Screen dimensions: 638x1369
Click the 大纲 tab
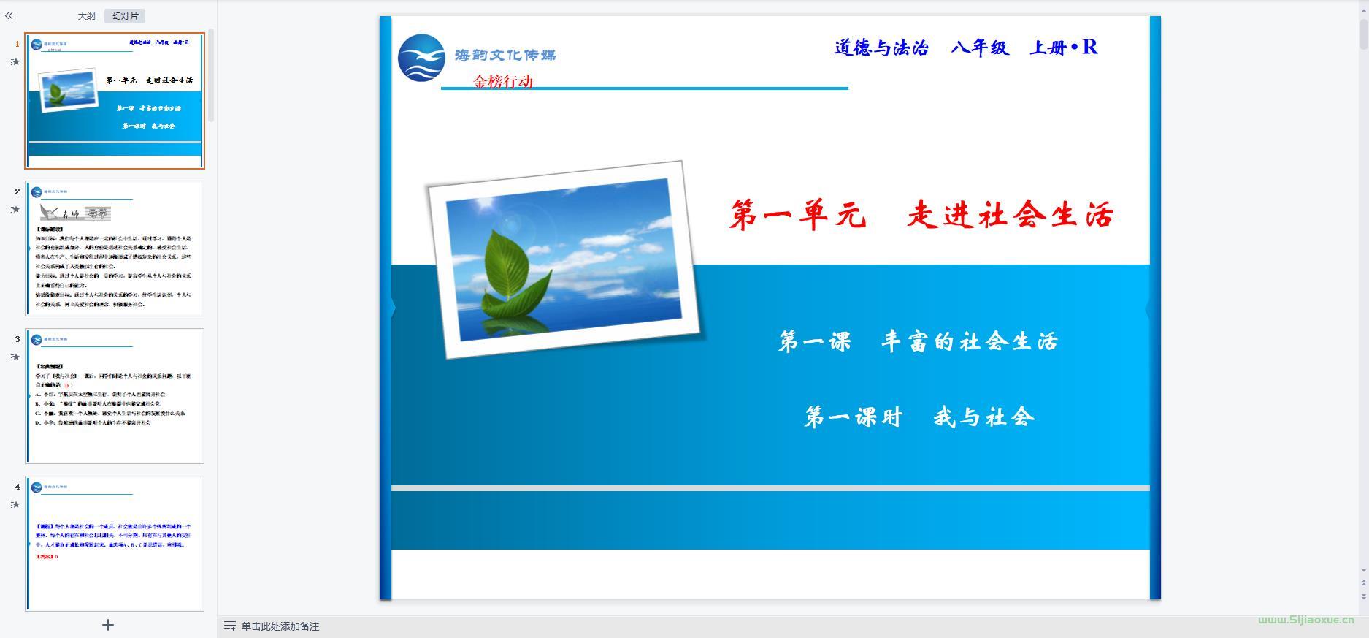pos(86,16)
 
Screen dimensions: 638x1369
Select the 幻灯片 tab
pos(125,16)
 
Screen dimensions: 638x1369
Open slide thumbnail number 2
pos(115,248)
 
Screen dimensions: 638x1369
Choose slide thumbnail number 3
pos(115,396)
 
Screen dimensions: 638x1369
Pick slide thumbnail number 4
pos(115,543)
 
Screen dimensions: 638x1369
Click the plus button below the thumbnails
pos(108,625)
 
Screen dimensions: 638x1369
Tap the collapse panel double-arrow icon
pos(9,16)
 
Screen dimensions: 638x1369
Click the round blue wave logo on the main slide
pos(421,58)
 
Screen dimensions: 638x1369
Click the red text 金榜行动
pos(503,81)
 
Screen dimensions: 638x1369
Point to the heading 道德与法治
pos(881,48)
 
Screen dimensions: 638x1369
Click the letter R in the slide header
pos(1089,48)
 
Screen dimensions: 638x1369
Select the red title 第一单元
pos(797,216)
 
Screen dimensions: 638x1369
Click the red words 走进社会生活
pos(1010,216)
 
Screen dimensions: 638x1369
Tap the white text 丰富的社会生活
pos(969,341)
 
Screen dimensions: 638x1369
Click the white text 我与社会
pos(983,417)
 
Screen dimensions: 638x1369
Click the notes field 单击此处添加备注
pos(280,626)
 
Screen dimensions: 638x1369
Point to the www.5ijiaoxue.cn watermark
pos(1305,620)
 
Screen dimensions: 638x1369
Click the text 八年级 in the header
pos(980,48)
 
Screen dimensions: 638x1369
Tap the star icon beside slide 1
pos(15,62)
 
